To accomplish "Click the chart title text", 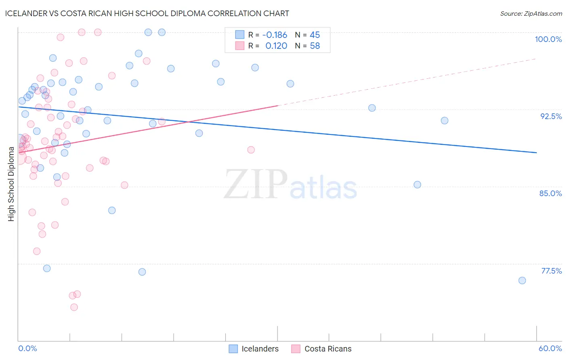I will (x=147, y=13).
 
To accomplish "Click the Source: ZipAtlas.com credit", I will (x=531, y=13).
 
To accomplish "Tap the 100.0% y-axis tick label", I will (x=548, y=39).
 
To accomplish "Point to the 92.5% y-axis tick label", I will (x=551, y=116).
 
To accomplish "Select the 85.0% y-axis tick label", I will (x=550, y=193).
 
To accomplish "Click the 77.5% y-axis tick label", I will (x=551, y=271).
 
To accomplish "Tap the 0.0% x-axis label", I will (x=27, y=348).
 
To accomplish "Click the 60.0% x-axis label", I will (x=550, y=348).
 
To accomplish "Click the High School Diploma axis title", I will (x=11, y=184).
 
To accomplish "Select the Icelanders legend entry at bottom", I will (x=254, y=349).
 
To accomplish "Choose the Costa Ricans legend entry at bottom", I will (x=321, y=349).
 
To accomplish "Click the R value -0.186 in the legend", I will (x=275, y=35).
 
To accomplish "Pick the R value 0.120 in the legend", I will (x=276, y=46).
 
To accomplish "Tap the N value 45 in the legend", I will (x=315, y=35).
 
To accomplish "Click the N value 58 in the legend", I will (x=315, y=46).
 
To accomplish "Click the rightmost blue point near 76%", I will (x=522, y=280).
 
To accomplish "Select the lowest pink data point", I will (x=74, y=307).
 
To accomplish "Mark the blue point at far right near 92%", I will (x=444, y=121).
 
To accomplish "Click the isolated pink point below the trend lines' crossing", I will (x=251, y=150).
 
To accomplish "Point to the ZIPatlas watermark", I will (x=290, y=185).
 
